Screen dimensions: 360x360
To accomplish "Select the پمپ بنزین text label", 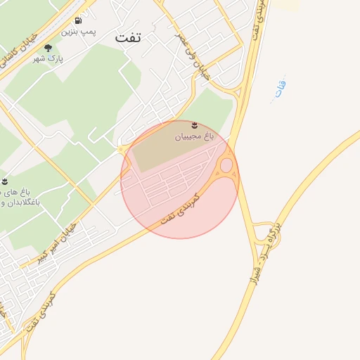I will pos(77,32).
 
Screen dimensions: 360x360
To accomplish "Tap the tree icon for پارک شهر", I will pos(48,48).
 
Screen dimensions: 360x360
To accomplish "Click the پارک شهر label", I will pos(48,59).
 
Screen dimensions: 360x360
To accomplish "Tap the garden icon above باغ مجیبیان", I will pos(194,124).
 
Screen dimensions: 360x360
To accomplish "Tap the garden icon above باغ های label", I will pos(6,181).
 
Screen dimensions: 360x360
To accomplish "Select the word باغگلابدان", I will pos(21,202).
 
